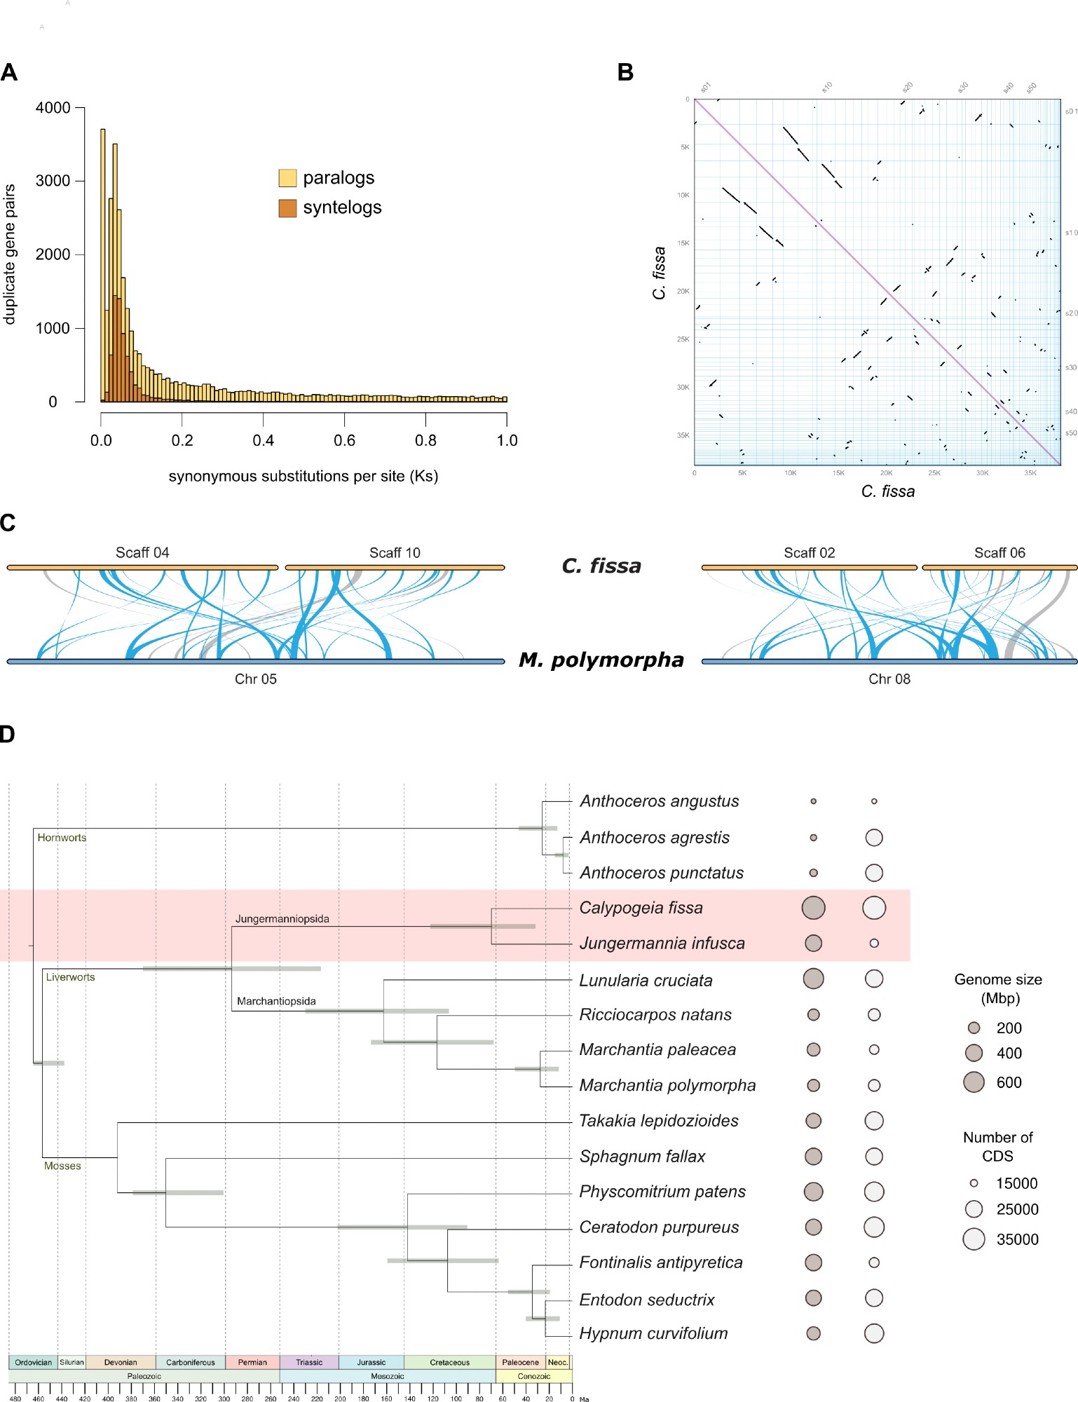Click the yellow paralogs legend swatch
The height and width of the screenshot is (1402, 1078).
(287, 178)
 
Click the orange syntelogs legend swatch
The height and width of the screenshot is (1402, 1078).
(287, 208)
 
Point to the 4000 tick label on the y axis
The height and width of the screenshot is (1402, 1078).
(53, 108)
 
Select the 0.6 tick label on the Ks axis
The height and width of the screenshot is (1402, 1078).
(344, 440)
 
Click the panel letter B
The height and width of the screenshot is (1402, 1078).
(625, 72)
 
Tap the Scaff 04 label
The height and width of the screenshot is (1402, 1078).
(142, 552)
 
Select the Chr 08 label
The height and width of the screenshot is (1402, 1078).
(889, 679)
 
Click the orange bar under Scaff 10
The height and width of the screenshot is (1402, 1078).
(395, 567)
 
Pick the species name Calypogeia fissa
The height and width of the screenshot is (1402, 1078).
(641, 908)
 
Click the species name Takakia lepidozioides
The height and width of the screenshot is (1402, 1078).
(658, 1121)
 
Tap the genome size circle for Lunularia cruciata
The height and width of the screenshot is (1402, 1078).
(813, 979)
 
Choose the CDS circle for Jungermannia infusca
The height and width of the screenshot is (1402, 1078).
(874, 944)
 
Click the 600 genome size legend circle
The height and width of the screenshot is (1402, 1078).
(974, 1082)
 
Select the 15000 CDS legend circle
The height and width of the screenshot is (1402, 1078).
(974, 1183)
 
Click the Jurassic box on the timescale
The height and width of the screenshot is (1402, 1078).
(371, 1362)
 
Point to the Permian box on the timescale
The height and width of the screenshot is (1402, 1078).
(252, 1362)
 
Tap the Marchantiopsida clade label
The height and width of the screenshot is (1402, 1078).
(276, 1001)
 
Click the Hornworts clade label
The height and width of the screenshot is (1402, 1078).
(62, 838)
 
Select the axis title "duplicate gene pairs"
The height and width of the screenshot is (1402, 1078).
(10, 254)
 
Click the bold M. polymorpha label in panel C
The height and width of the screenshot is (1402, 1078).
(601, 660)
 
